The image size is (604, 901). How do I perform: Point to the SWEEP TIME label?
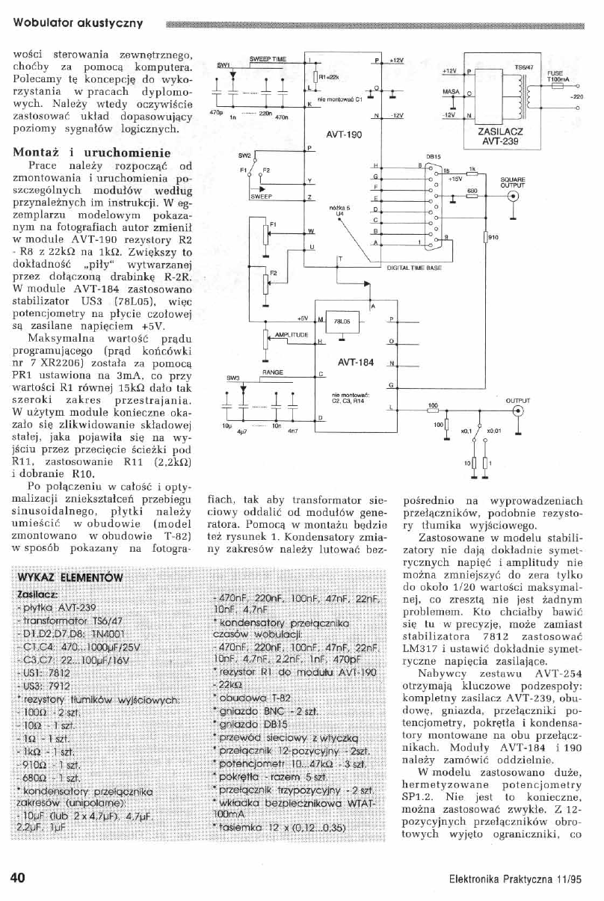click(x=268, y=58)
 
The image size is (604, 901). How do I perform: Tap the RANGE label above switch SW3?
click(x=271, y=371)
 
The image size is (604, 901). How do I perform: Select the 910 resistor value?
click(x=493, y=238)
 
